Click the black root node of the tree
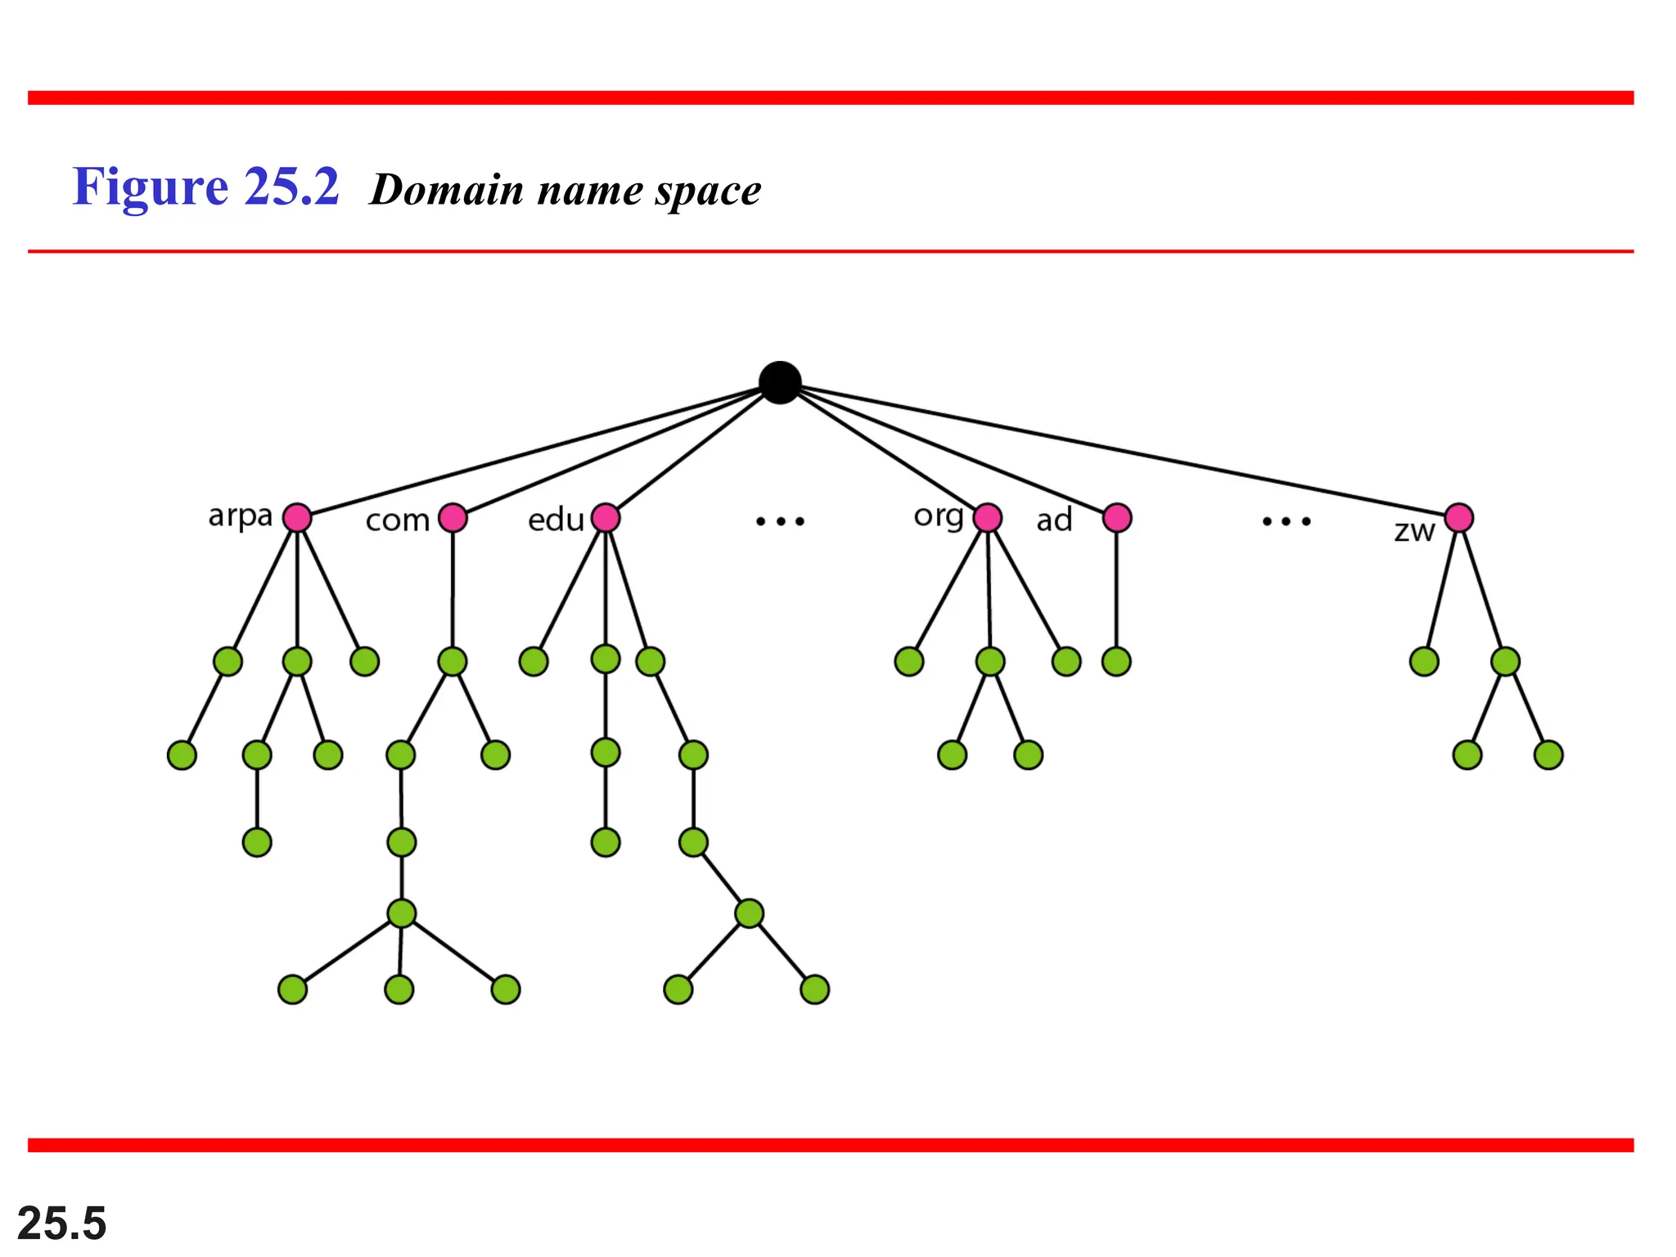(779, 382)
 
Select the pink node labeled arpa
(297, 517)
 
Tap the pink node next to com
(453, 517)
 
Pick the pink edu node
(606, 517)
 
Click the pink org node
(988, 517)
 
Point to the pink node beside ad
(1117, 517)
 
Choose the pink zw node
(1459, 517)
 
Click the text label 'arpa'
(240, 516)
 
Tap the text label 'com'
(398, 520)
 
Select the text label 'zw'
(1414, 531)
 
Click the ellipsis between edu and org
(780, 520)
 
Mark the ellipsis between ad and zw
(1286, 520)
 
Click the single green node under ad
(1116, 661)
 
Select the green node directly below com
(453, 661)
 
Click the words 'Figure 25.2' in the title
(205, 187)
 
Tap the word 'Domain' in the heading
(447, 190)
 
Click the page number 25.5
(62, 1223)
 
